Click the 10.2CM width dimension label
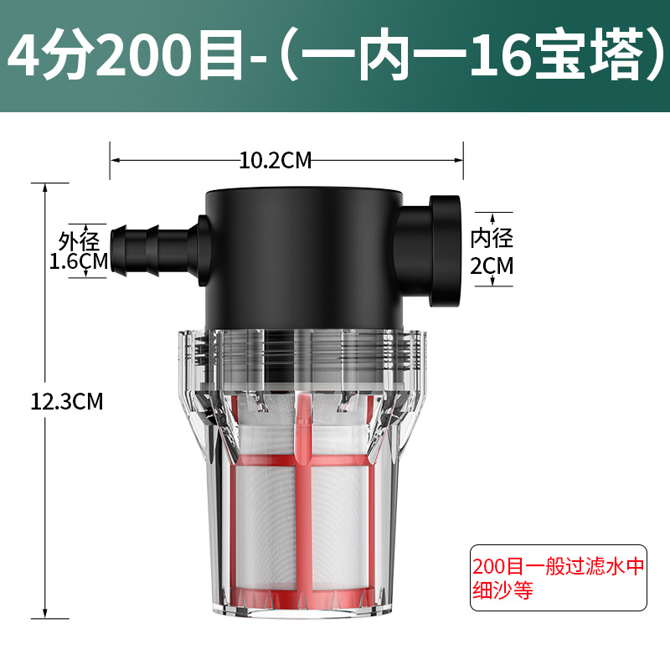[x=276, y=161]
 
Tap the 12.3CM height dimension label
[x=67, y=402]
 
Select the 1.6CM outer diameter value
[x=79, y=261]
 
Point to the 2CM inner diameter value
[x=492, y=265]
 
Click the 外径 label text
[x=79, y=241]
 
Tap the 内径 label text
[x=492, y=239]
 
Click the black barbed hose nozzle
[x=154, y=250]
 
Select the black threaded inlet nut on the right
[x=445, y=250]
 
